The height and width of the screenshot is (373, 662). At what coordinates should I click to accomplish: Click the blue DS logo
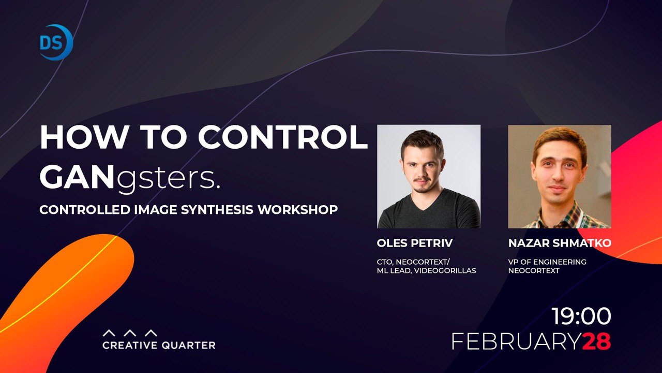(56, 42)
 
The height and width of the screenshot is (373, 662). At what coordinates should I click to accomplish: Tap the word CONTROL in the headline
(282, 137)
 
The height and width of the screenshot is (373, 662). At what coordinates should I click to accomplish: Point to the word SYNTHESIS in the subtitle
(217, 210)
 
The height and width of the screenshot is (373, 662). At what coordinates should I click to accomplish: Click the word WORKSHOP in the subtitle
(298, 210)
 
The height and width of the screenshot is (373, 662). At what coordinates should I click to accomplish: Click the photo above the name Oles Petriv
(429, 177)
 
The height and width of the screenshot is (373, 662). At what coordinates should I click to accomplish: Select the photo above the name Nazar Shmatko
(560, 177)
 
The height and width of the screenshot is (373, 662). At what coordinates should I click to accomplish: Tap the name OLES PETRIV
(415, 243)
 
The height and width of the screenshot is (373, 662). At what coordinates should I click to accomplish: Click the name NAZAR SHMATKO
(560, 243)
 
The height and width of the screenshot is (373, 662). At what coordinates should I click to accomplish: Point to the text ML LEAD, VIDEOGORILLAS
(427, 270)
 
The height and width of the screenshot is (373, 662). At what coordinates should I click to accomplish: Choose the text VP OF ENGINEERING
(547, 262)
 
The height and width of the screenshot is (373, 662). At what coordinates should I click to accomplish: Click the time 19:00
(581, 317)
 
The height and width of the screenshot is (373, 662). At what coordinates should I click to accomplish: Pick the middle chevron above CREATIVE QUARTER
(130, 333)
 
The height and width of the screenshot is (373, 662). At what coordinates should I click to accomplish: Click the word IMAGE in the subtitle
(156, 210)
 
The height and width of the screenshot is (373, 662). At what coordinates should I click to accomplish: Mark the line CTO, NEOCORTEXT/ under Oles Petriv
(413, 262)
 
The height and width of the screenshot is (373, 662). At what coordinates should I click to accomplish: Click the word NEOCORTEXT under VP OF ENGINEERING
(534, 270)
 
